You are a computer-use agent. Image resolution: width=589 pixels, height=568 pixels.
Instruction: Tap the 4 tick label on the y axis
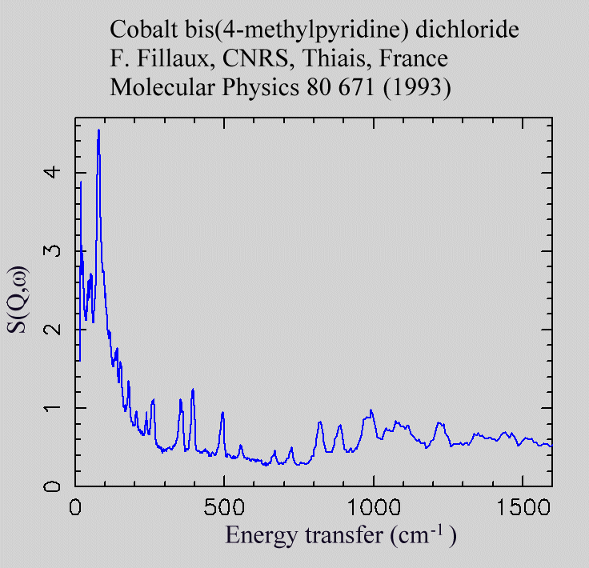click(53, 173)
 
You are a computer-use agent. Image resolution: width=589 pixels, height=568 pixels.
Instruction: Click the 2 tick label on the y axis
click(53, 330)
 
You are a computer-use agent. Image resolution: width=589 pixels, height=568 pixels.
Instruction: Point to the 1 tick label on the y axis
click(53, 408)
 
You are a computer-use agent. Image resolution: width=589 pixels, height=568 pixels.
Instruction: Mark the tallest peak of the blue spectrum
click(98, 130)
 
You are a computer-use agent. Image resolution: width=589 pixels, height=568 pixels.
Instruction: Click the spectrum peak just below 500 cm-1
click(222, 413)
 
